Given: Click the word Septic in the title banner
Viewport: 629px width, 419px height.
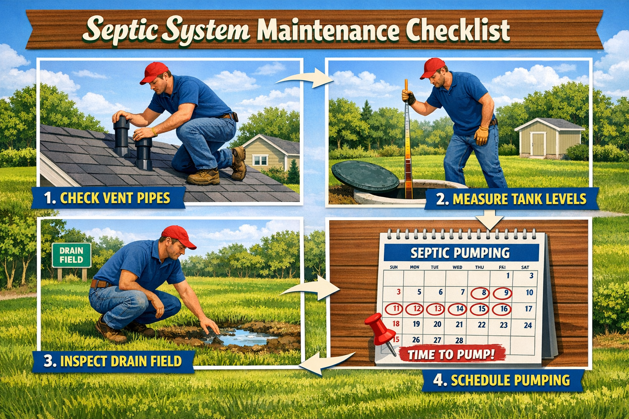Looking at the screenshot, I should pyautogui.click(x=123, y=29).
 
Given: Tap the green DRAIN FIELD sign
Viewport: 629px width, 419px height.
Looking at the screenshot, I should pyautogui.click(x=71, y=255).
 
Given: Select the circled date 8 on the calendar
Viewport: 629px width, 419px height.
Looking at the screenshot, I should pyautogui.click(x=484, y=293).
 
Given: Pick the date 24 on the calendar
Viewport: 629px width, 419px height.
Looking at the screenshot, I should pyautogui.click(x=528, y=325).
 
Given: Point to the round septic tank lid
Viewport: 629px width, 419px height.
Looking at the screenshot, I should pyautogui.click(x=365, y=176).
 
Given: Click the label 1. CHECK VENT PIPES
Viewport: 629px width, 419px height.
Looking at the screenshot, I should pyautogui.click(x=107, y=198).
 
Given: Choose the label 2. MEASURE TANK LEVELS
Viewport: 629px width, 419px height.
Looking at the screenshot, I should pyautogui.click(x=511, y=199).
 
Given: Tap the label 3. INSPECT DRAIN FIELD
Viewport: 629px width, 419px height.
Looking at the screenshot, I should pyautogui.click(x=113, y=361).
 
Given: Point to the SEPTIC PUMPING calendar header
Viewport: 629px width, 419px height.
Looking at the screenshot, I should pyautogui.click(x=460, y=253).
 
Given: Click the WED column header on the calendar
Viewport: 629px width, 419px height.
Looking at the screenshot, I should pyautogui.click(x=457, y=267).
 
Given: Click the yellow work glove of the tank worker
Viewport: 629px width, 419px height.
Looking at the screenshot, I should pyautogui.click(x=482, y=135).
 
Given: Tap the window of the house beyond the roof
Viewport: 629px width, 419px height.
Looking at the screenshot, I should pyautogui.click(x=260, y=160).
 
